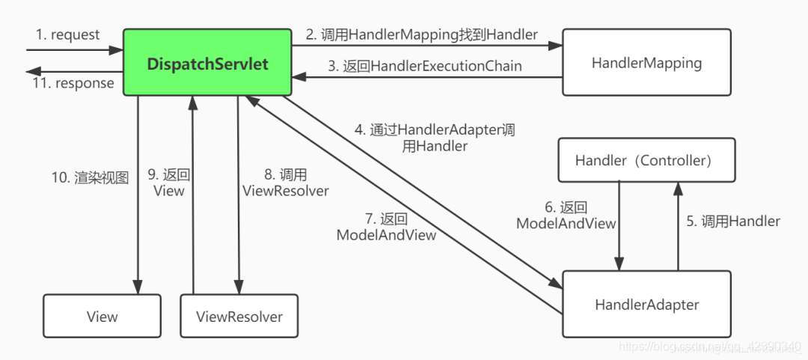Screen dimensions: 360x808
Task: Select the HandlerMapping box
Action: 646,63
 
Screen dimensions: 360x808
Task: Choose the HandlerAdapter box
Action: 646,304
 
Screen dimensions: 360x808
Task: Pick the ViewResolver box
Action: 239,316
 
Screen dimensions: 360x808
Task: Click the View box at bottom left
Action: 102,316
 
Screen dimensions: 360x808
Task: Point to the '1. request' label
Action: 67,35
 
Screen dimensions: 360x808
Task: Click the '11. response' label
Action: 73,83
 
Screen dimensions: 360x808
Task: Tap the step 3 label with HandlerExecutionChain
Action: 425,66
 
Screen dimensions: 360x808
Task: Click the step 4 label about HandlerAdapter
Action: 435,138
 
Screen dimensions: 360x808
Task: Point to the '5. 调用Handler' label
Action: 733,221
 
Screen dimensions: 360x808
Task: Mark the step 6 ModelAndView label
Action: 566,215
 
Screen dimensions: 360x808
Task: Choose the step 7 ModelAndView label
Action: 386,227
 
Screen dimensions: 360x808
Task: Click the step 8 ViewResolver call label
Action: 285,183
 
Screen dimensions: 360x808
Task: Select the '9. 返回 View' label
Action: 169,183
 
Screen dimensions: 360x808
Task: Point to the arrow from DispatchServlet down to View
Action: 138,225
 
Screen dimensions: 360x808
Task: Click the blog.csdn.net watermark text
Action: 707,347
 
